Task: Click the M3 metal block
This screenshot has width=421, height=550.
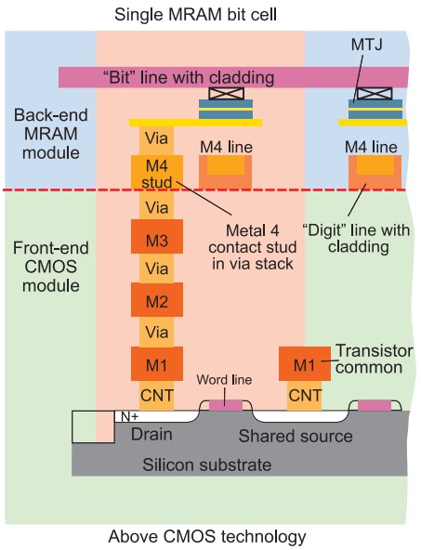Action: [157, 236]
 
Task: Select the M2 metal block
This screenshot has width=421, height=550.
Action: [157, 299]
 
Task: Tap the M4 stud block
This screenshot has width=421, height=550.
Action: [157, 173]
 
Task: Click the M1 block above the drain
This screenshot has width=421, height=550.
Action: [157, 364]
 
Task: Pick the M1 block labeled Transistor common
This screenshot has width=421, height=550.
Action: [305, 364]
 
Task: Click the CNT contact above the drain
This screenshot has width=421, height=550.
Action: [156, 396]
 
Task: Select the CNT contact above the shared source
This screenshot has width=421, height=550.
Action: [304, 396]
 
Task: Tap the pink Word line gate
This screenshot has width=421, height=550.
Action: [226, 405]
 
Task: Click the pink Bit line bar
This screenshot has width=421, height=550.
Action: [233, 77]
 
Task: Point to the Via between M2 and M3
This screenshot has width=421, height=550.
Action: [156, 268]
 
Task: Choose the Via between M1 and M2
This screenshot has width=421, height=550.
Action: [156, 332]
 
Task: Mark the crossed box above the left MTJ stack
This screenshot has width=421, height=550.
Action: [226, 93]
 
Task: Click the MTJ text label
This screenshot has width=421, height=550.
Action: [366, 45]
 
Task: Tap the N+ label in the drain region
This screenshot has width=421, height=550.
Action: [130, 416]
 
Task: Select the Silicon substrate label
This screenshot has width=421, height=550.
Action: [207, 465]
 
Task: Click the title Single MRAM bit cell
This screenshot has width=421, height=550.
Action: [195, 15]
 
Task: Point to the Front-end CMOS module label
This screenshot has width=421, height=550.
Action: [51, 267]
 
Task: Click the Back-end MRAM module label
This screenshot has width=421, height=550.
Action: [51, 134]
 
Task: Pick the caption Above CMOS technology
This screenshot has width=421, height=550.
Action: [207, 536]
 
